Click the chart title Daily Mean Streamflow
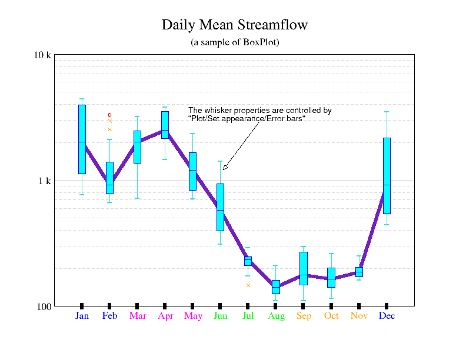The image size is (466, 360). (x=234, y=25)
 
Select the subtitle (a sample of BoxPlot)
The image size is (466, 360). (x=234, y=42)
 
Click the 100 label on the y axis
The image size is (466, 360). (x=44, y=306)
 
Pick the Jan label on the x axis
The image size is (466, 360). (x=82, y=316)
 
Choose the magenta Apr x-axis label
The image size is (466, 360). (x=165, y=316)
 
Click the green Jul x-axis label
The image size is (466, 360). (x=248, y=316)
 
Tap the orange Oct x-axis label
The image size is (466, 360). (x=331, y=316)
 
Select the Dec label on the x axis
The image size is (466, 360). (x=387, y=316)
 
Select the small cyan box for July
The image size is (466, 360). (x=248, y=261)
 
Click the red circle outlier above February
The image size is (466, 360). (x=109, y=115)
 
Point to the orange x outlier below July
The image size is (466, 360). (x=248, y=285)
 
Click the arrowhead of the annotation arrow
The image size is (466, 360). (x=225, y=168)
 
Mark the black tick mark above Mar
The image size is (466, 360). (x=137, y=305)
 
